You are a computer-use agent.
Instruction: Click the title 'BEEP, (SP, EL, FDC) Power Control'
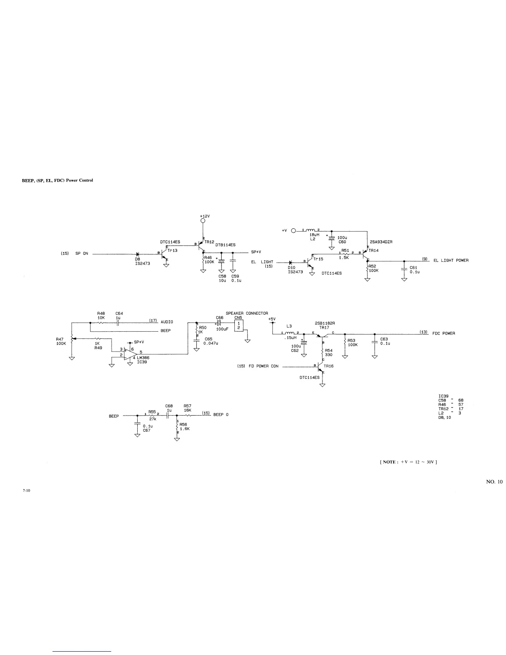point(57,180)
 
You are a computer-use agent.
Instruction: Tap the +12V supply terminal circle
point(203,221)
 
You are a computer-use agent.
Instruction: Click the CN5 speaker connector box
point(239,325)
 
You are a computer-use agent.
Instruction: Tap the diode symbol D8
point(137,254)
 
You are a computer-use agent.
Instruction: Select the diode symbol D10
point(291,262)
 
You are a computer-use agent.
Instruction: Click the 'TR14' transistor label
point(373,251)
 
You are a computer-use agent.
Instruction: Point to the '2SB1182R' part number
point(325,323)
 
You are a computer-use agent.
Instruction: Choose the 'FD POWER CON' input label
point(264,366)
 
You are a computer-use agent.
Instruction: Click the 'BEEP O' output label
point(221,415)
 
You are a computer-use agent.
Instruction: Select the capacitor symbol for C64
point(119,323)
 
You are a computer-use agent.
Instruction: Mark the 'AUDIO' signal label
point(167,322)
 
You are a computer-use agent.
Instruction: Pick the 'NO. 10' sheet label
point(494,482)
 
